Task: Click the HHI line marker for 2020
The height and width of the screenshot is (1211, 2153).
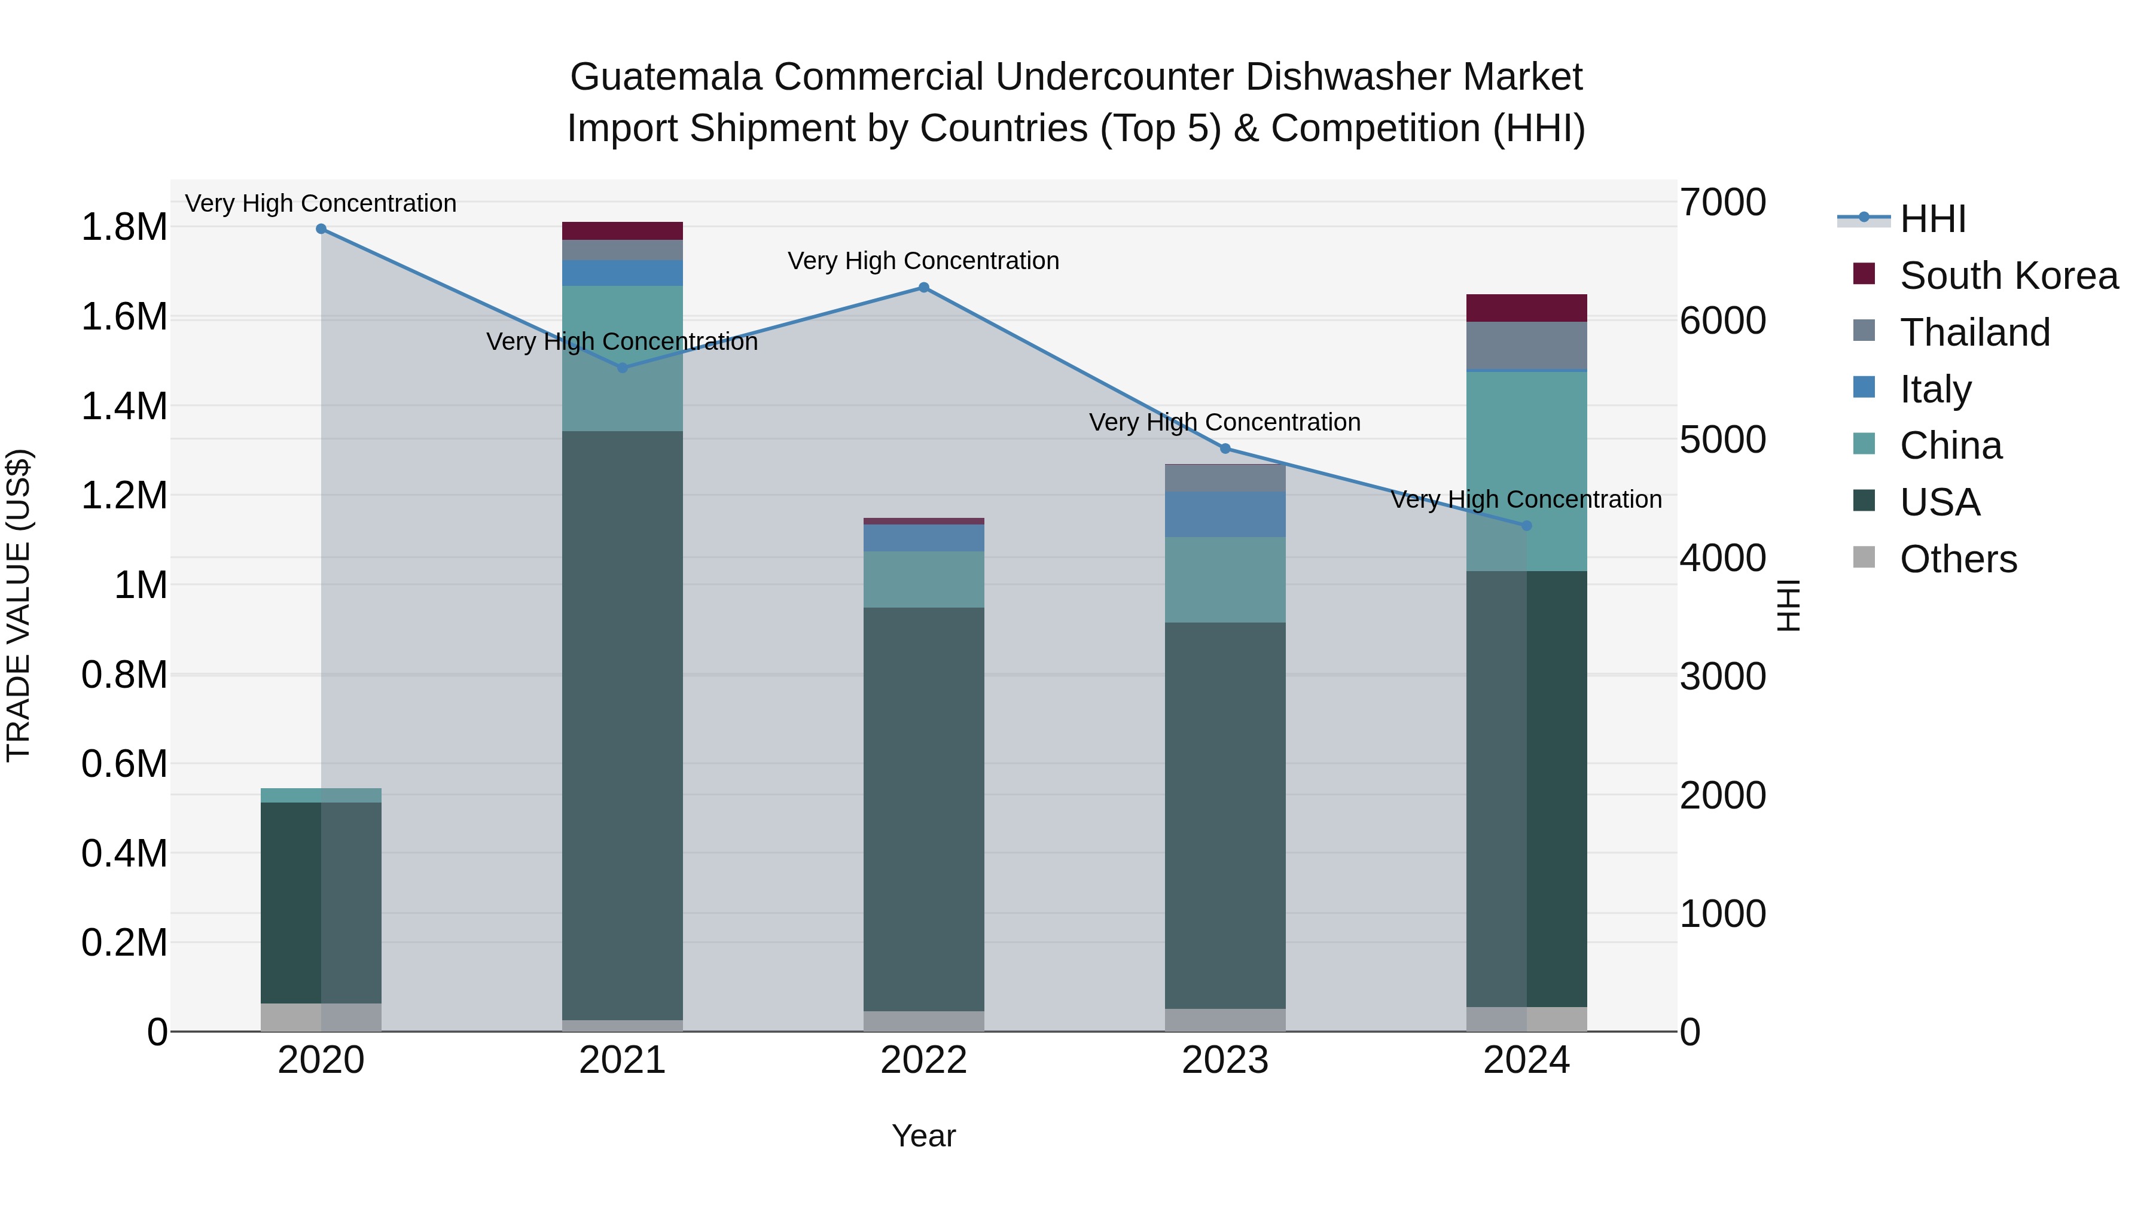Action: (x=321, y=229)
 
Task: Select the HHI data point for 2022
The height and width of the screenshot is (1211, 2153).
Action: (x=923, y=288)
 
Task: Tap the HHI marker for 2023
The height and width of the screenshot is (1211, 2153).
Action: (x=1225, y=449)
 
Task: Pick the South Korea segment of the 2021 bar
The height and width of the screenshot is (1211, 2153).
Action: (x=622, y=231)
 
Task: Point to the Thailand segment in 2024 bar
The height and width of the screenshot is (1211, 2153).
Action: (x=1526, y=344)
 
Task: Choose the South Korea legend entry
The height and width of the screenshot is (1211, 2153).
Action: (x=2008, y=276)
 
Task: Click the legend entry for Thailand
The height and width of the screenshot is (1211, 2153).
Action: (x=1974, y=333)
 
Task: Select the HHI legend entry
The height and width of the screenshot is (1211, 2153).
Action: (x=1932, y=219)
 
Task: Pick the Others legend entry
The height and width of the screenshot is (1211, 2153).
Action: (x=1957, y=559)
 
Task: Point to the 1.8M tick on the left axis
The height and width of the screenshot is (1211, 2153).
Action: (x=124, y=227)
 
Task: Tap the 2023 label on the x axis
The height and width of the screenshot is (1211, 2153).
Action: (x=1225, y=1060)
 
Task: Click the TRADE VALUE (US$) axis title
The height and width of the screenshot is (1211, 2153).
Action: (x=19, y=605)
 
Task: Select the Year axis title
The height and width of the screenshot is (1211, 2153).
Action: (x=923, y=1136)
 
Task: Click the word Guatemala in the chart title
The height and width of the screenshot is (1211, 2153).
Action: (x=666, y=77)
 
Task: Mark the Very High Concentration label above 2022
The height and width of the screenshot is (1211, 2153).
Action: (x=923, y=261)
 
